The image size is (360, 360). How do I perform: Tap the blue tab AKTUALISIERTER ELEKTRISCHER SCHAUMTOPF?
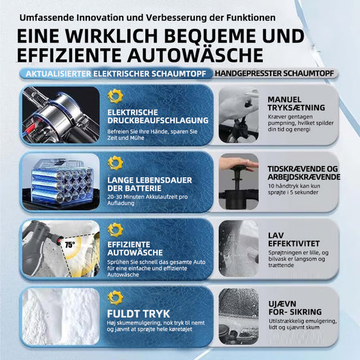click(x=116, y=73)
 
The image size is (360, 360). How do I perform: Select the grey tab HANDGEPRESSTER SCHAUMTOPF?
click(x=274, y=73)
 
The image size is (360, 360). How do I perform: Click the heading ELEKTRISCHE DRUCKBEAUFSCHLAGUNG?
click(x=157, y=116)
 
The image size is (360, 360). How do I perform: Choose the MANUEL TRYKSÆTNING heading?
click(x=296, y=103)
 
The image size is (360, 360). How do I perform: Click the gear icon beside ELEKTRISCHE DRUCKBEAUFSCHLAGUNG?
click(x=115, y=96)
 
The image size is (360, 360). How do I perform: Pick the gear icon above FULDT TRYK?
click(x=115, y=297)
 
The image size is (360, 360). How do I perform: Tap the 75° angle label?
click(x=69, y=244)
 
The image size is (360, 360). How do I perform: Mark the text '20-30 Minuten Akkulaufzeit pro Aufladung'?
click(x=148, y=202)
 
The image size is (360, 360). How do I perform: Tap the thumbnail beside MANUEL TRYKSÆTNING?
click(x=239, y=114)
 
